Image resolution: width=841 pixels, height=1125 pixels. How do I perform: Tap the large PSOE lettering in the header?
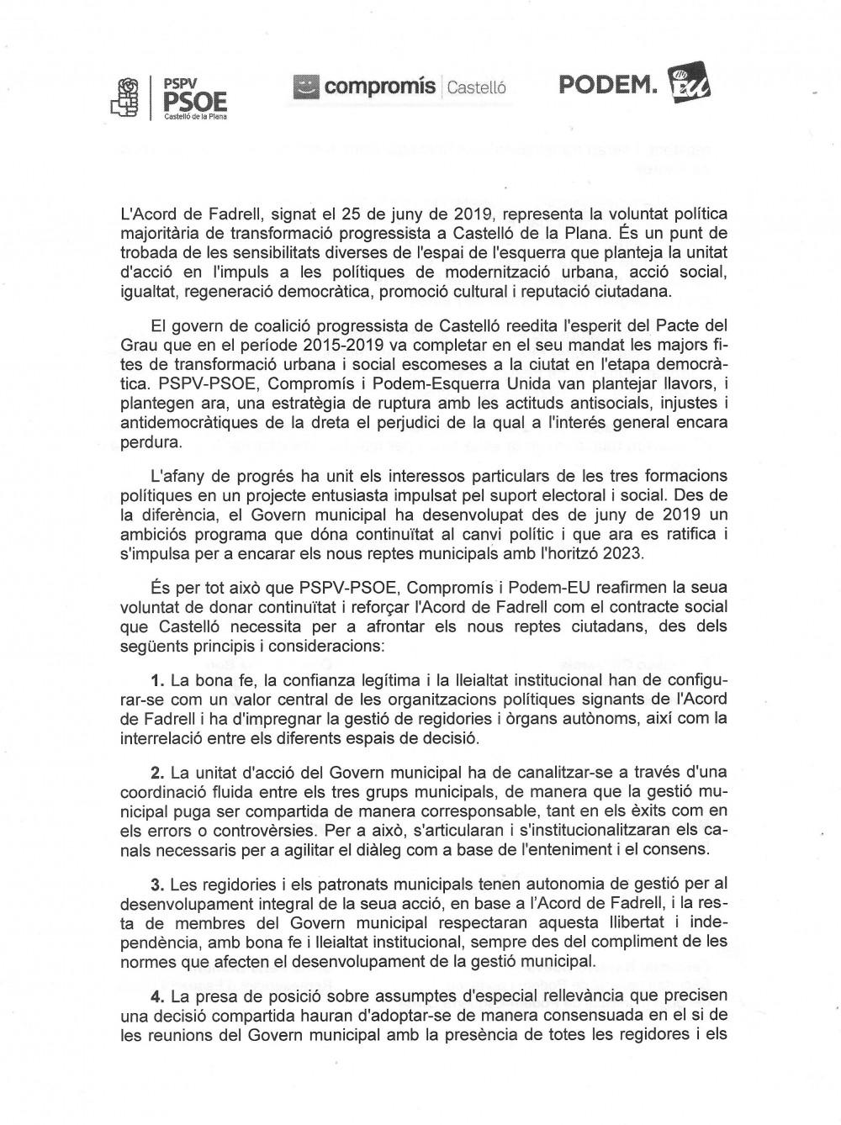(x=195, y=103)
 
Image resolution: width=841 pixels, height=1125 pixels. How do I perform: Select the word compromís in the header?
(x=379, y=86)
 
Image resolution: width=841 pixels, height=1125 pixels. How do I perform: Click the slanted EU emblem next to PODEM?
(x=688, y=85)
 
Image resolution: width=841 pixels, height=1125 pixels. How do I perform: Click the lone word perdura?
(x=151, y=441)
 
